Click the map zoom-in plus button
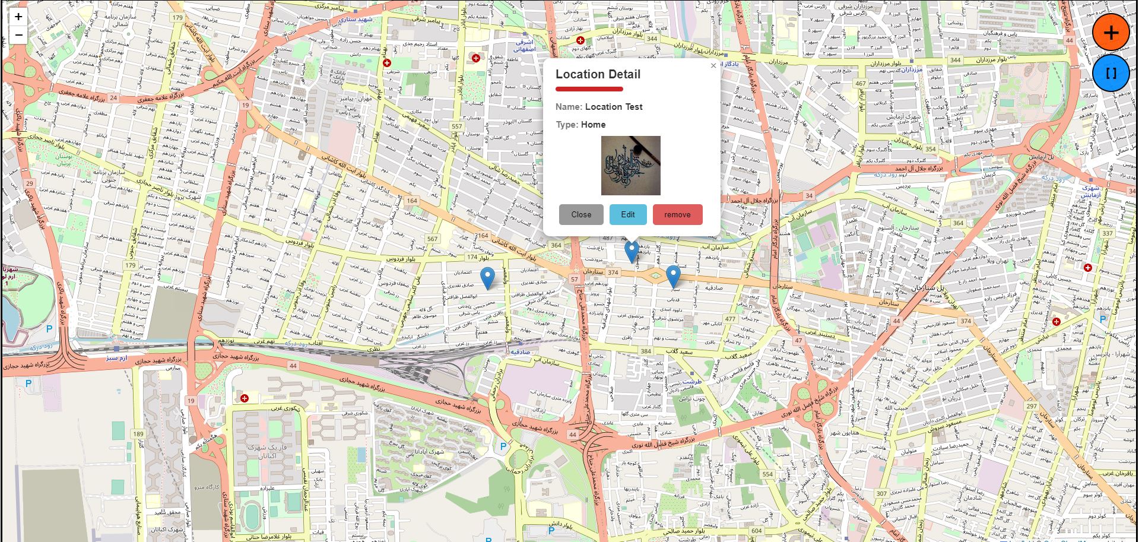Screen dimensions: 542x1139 [x=18, y=17]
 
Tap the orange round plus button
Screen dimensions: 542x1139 [x=1111, y=33]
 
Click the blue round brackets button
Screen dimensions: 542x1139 [x=1111, y=74]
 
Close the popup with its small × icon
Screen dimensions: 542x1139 [x=713, y=66]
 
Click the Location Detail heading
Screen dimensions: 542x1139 [x=598, y=74]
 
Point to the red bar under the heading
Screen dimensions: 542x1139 [x=589, y=89]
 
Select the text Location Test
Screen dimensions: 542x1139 [x=614, y=107]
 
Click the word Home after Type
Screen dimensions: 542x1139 [x=593, y=125]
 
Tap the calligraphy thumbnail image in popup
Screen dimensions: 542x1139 [x=630, y=166]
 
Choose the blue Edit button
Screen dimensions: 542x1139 [x=627, y=215]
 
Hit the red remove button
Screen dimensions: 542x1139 [x=677, y=215]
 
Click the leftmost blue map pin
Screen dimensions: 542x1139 [x=487, y=277]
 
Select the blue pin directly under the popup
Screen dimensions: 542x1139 [x=632, y=252]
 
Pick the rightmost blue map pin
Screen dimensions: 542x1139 [x=673, y=276]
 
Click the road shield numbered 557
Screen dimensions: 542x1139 [x=456, y=126]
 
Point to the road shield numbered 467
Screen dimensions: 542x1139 [x=861, y=84]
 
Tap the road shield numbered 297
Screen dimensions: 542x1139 [x=1032, y=407]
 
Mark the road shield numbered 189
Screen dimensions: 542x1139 [x=138, y=434]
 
